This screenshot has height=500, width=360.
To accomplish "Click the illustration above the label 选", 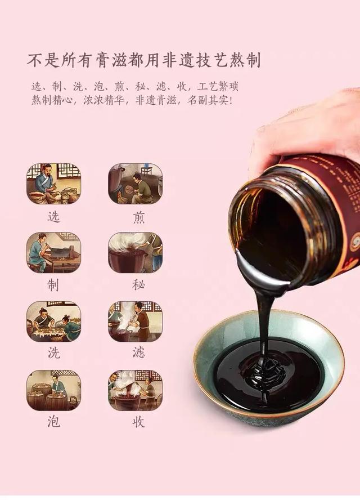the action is point(53,184).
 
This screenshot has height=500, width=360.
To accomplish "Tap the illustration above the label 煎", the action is point(136,184).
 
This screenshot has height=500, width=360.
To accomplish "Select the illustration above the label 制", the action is point(53,253).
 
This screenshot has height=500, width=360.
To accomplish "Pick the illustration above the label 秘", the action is point(136,253).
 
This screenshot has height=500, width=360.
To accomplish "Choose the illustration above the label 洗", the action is point(53,322).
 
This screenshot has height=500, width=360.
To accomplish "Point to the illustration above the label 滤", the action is point(136,322).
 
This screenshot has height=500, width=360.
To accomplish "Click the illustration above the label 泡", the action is point(53,390).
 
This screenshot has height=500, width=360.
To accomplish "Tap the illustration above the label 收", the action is point(136,390).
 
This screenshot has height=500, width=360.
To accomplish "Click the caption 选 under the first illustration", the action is point(53,217).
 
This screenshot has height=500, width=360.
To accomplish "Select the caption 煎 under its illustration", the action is point(138,217).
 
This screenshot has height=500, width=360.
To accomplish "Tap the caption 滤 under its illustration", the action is point(138,352).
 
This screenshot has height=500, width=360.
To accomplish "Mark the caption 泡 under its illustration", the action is point(53,422).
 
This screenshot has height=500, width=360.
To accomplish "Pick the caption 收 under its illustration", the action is point(138,422).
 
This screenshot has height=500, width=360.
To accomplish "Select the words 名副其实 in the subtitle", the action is point(208,101).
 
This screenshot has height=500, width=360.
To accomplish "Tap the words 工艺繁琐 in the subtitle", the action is point(218,86).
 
